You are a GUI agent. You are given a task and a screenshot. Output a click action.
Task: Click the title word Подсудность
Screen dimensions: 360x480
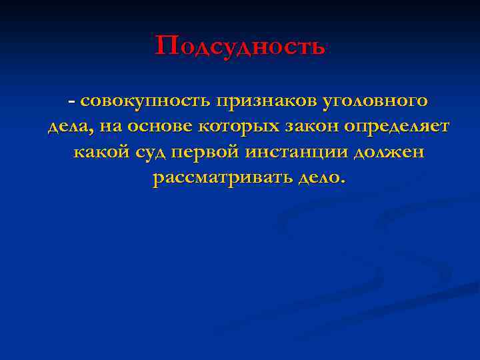[241, 46]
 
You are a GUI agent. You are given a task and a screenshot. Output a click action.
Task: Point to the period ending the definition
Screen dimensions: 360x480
[344, 182]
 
